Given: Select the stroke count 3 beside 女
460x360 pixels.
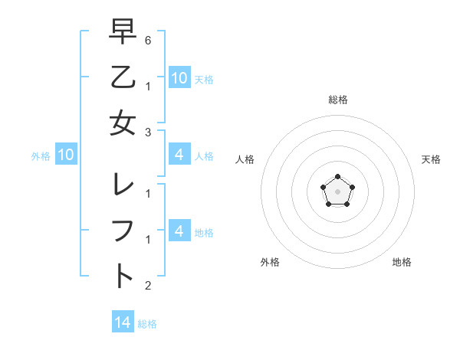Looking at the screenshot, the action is pos(147,132).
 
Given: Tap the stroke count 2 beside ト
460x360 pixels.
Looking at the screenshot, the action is pos(147,286).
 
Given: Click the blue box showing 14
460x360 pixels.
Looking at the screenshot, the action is pos(123,322).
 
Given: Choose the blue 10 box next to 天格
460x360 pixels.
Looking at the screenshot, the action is pos(179,77).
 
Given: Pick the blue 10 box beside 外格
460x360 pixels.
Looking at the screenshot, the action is pos(66,155).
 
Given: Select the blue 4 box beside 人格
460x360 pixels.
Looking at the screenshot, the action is pos(179,155).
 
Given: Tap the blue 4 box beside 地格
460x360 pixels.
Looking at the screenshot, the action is pos(179,231).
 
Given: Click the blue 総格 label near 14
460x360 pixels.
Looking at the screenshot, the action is pos(147,324).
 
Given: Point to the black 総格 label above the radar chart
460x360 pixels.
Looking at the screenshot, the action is pos(337,100).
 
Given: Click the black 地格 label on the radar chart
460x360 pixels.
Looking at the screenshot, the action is pos(402,262).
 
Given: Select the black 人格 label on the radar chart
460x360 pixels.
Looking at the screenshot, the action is pos(245,159).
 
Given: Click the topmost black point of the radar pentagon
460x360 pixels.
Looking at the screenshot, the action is pos(337,177).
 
